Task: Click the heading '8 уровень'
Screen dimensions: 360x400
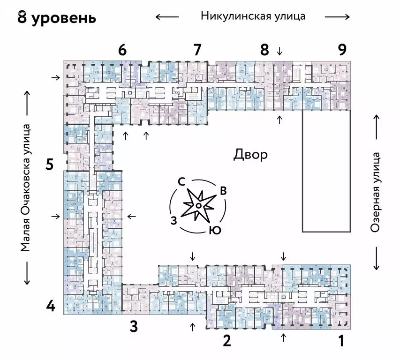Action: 57,18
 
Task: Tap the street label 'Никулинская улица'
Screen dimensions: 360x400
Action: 253,16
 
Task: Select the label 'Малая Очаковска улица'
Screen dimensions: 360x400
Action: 25,187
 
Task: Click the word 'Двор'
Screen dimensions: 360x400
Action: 250,155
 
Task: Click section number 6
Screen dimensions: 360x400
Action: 122,50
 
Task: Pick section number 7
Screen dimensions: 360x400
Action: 197,50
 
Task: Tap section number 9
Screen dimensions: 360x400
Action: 342,50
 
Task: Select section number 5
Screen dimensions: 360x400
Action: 50,165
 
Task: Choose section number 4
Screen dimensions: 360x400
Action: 51,307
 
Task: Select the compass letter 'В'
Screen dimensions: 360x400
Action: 224,191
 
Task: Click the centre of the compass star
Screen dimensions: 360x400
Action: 198,206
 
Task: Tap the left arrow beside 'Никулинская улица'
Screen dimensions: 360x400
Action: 167,17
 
